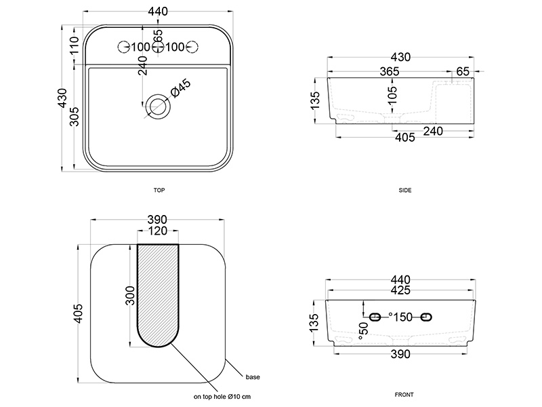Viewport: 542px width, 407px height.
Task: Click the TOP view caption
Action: coord(159,190)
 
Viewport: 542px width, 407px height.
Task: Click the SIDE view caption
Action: coord(404,190)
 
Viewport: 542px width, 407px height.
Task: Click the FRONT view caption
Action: coord(404,395)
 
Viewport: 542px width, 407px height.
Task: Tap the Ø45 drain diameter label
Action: coord(181,88)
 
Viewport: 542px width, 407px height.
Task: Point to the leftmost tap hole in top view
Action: coord(124,47)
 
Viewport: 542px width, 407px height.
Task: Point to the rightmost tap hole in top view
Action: coord(192,47)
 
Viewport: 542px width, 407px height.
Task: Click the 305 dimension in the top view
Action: coord(75,117)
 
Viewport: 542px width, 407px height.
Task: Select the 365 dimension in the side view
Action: coord(389,71)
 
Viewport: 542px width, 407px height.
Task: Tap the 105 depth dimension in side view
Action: coord(392,95)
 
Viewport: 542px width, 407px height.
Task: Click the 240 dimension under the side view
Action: coord(433,131)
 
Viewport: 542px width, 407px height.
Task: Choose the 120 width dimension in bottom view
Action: coord(158,231)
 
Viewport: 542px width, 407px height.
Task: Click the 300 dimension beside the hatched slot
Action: coord(130,295)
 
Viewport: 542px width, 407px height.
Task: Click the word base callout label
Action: coord(253,377)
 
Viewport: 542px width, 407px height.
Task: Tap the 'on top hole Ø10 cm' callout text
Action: coord(222,397)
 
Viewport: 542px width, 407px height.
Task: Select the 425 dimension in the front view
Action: coord(400,290)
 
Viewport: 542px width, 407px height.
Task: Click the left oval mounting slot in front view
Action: coord(375,317)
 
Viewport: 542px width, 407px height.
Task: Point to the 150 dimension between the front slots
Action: coord(402,317)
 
